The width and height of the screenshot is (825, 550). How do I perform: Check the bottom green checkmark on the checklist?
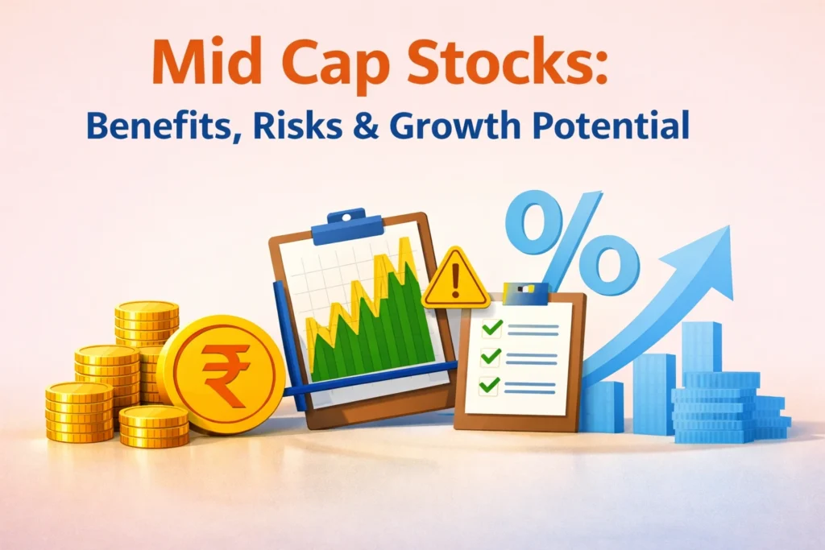click(x=490, y=384)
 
